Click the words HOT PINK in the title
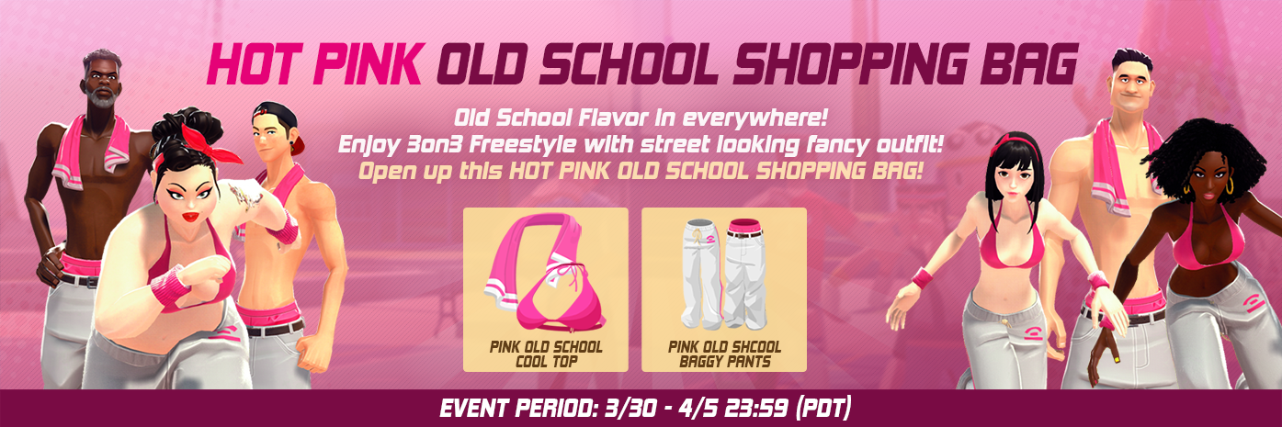point(316,64)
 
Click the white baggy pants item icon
point(724,274)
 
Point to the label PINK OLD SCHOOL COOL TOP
point(546,354)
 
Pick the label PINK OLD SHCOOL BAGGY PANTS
point(724,354)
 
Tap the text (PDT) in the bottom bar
point(823,408)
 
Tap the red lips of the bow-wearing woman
point(190,217)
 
